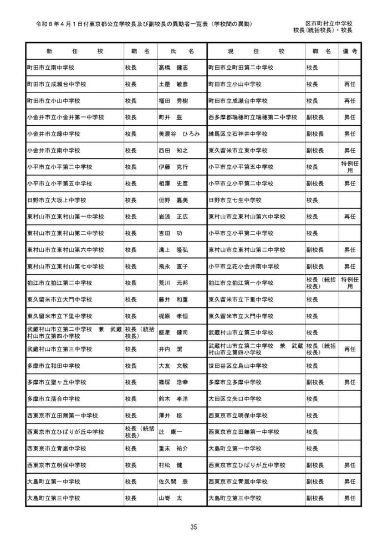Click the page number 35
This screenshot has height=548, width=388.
(x=193, y=527)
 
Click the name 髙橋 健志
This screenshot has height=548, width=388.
(x=173, y=68)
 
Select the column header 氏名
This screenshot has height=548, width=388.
(x=182, y=51)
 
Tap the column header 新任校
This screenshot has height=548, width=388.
(x=74, y=51)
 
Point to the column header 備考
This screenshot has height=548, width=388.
(x=350, y=51)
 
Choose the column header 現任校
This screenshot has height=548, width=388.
(x=256, y=51)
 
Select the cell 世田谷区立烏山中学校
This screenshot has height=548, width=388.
(x=238, y=366)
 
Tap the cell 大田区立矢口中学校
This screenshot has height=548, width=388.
(x=235, y=399)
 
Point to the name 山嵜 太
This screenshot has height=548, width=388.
(x=170, y=499)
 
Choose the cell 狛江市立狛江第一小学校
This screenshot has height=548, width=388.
(x=241, y=283)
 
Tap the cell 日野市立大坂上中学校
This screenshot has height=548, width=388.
(x=57, y=200)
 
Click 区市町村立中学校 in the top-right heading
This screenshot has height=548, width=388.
(x=329, y=23)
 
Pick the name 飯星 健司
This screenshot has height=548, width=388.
(x=173, y=333)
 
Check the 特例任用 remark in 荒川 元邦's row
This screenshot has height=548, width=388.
(x=350, y=283)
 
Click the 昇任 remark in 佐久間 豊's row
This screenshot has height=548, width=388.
(x=350, y=482)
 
